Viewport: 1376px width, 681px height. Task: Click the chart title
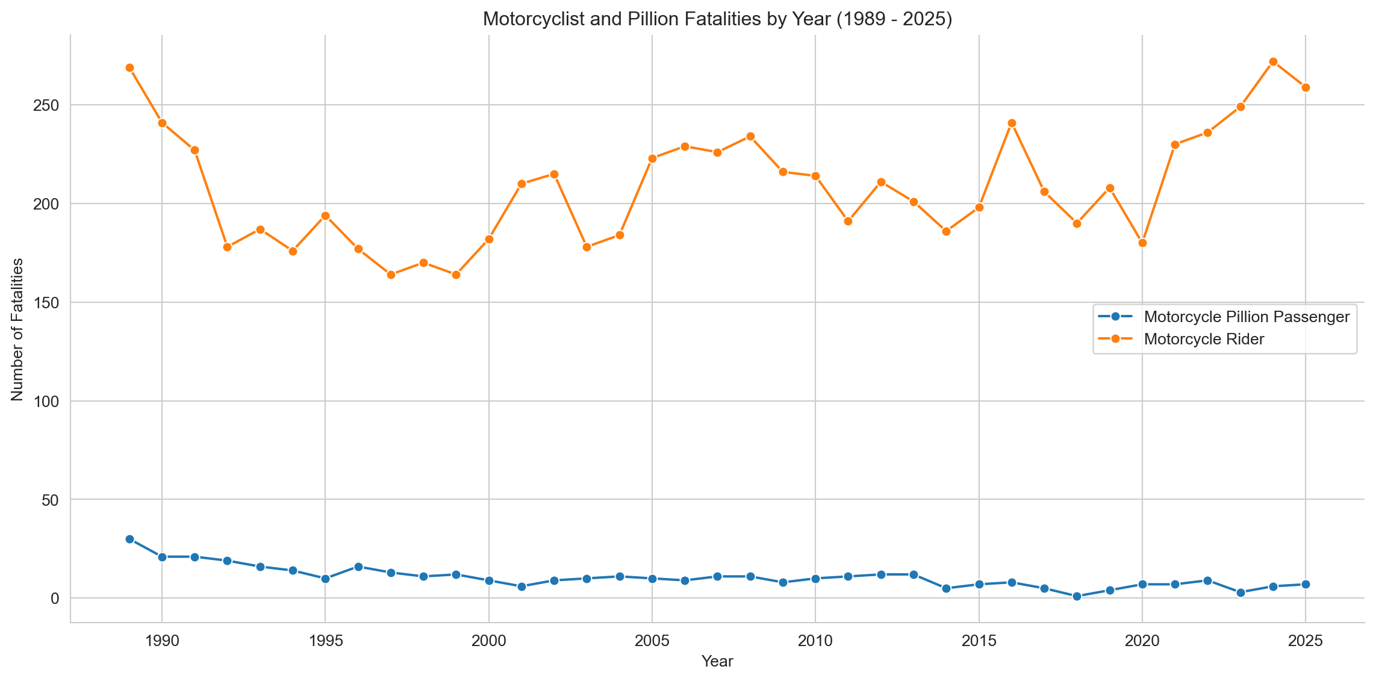pyautogui.click(x=717, y=20)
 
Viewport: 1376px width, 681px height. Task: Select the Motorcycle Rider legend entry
pyautogui.click(x=1203, y=339)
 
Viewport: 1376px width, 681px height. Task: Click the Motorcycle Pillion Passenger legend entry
pyautogui.click(x=1247, y=317)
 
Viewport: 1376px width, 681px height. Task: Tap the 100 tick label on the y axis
pyautogui.click(x=49, y=401)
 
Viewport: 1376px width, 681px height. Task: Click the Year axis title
pyautogui.click(x=717, y=662)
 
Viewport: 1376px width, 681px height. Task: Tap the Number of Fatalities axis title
pyautogui.click(x=17, y=329)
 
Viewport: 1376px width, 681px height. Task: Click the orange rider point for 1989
pyautogui.click(x=129, y=68)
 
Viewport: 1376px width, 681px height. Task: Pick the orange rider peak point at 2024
pyautogui.click(x=1273, y=62)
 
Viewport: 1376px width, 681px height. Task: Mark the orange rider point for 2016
pyautogui.click(x=1012, y=123)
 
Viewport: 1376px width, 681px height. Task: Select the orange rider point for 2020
pyautogui.click(x=1142, y=243)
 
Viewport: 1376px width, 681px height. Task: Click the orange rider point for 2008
pyautogui.click(x=750, y=137)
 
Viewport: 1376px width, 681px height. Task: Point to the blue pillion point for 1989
pyautogui.click(x=129, y=540)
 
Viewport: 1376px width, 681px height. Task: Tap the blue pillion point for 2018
pyautogui.click(x=1077, y=597)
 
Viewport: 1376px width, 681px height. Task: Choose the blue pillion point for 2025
pyautogui.click(x=1306, y=585)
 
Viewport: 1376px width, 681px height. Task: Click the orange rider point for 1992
pyautogui.click(x=227, y=247)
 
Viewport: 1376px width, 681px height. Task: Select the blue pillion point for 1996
pyautogui.click(x=358, y=567)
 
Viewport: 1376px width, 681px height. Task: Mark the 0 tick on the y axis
pyautogui.click(x=55, y=599)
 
